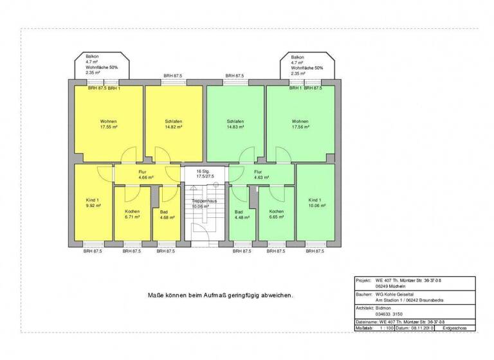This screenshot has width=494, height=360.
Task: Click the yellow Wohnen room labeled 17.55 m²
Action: [108, 123]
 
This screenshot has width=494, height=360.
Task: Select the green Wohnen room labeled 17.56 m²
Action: [300, 123]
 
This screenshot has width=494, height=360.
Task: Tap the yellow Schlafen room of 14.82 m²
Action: [173, 123]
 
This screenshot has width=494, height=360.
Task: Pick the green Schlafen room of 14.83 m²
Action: [235, 123]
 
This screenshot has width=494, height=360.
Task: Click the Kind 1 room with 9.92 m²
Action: [92, 203]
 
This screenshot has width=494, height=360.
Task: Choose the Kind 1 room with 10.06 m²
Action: [316, 203]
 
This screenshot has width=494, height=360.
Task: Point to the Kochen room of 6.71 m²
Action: [132, 214]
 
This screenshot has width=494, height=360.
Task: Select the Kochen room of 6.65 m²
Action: [276, 214]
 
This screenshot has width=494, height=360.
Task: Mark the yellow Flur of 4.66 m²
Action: [143, 174]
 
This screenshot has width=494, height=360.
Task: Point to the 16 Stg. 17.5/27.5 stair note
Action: [205, 174]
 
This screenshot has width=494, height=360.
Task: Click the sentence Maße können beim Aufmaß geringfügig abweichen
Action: [221, 296]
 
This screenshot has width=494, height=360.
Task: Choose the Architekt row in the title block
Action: [415, 311]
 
